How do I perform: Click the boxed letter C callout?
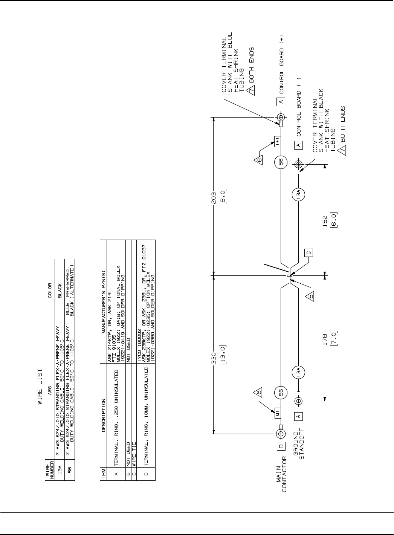tap(309, 252)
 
